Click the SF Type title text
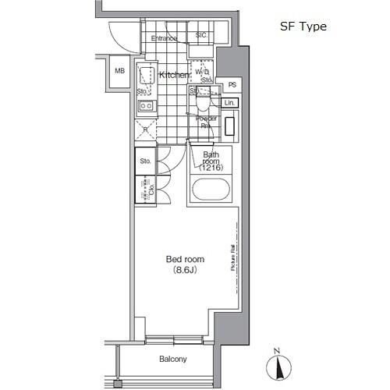pyautogui.click(x=303, y=26)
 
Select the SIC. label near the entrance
pyautogui.click(x=200, y=35)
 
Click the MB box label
pyautogui.click(x=119, y=70)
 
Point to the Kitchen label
pyautogui.click(x=173, y=75)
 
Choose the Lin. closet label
pyautogui.click(x=229, y=103)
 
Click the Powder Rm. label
pyautogui.click(x=205, y=122)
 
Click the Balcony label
pyautogui.click(x=173, y=360)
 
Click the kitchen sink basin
pyautogui.click(x=145, y=76)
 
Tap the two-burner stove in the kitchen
pyautogui.click(x=145, y=106)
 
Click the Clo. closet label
pyautogui.click(x=144, y=190)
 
